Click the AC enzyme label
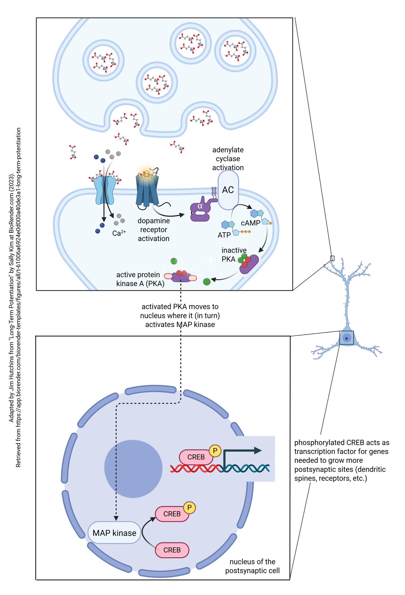[228, 190]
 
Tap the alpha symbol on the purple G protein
[200, 206]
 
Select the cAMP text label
[250, 223]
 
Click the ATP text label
[224, 235]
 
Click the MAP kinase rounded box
[114, 533]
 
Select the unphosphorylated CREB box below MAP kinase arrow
[172, 550]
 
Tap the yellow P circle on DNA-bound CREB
[215, 451]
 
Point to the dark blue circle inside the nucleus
[133, 469]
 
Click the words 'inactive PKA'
[233, 255]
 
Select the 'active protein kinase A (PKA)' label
[140, 279]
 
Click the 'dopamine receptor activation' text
[154, 230]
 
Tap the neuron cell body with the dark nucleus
[347, 338]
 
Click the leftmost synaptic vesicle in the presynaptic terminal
[104, 60]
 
